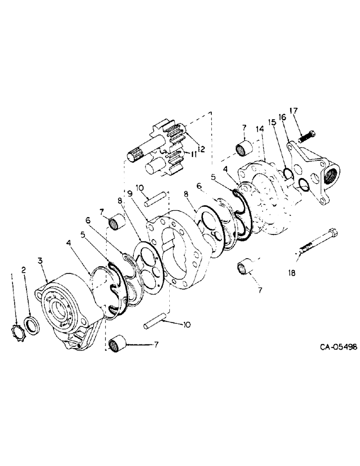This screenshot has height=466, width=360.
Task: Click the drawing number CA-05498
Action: pyautogui.click(x=339, y=347)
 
